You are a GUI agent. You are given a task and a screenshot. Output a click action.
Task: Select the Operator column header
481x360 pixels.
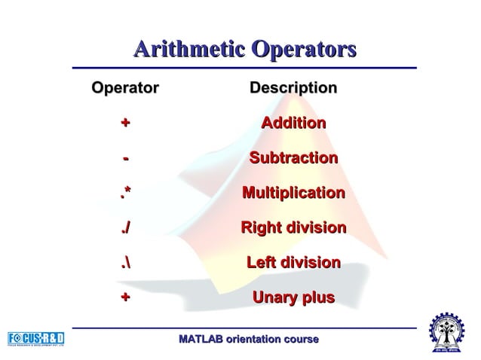124,89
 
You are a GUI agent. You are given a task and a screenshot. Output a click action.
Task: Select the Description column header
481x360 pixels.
293,89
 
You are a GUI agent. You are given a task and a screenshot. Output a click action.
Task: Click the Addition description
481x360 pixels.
293,124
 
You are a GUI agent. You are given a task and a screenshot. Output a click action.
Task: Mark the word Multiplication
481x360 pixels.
293,194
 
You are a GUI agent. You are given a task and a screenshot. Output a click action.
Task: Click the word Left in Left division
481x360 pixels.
264,264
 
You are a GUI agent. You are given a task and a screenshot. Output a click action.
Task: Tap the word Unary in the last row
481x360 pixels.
274,298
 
